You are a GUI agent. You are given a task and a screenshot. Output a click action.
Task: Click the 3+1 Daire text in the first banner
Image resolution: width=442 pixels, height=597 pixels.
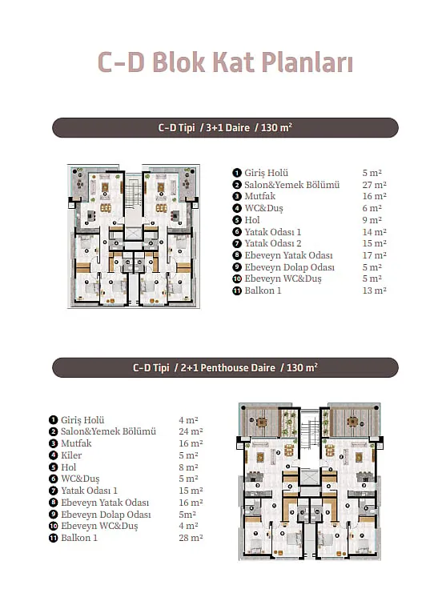pos(228,127)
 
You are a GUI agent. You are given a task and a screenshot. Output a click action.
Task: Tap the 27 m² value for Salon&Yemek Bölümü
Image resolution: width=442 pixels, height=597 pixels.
pos(374,185)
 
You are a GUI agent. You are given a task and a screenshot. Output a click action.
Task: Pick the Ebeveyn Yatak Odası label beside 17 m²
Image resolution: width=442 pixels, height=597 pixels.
pos(288,255)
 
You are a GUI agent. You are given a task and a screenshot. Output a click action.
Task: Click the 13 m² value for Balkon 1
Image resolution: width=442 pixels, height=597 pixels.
pos(374,290)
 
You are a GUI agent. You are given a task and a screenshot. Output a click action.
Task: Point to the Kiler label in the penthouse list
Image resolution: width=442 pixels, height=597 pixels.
pos(71,455)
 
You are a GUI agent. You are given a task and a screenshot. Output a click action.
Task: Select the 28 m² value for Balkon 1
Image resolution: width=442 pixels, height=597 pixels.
pos(191,538)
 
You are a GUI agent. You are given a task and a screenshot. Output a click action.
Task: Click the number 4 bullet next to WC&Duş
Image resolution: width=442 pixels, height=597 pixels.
pos(237,208)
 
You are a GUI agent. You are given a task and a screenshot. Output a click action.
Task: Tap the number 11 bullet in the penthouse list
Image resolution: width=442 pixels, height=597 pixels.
pos(53,538)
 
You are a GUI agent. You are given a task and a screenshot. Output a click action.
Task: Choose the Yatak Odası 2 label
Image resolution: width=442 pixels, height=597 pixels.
pos(273,243)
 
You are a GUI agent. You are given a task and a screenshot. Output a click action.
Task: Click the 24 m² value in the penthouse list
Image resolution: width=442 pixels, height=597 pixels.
pos(191,431)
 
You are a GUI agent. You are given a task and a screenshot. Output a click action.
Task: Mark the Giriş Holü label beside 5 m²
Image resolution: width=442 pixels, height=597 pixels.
pos(267,173)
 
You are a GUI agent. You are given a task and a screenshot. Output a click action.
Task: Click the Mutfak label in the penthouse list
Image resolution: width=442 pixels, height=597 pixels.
pos(76,443)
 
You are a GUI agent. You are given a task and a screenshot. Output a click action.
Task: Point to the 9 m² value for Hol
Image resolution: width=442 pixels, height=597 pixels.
pos(372,220)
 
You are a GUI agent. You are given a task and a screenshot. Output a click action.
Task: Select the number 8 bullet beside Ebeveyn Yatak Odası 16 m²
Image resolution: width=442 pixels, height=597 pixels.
pos(53,503)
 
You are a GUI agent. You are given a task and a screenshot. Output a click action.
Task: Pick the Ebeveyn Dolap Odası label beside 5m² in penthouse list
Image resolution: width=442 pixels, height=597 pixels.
pos(106,515)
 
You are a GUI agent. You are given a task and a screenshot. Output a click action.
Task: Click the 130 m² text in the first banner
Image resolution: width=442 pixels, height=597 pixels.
pos(276,127)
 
